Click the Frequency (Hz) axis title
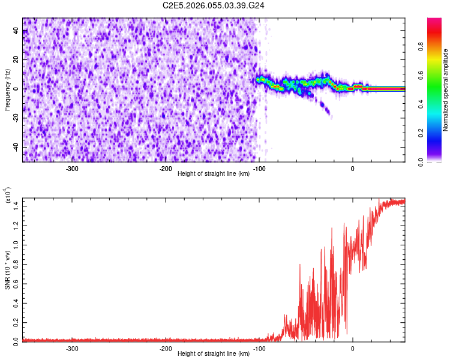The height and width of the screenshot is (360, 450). [7, 90]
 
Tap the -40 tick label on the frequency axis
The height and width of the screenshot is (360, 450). [16, 148]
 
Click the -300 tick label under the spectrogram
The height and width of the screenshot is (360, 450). [72, 169]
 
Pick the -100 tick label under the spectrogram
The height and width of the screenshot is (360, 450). [259, 169]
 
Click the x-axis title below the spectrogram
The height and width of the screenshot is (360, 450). [214, 174]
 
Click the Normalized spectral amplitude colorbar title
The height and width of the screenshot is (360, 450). [446, 90]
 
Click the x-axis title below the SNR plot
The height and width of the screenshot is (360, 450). [214, 354]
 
